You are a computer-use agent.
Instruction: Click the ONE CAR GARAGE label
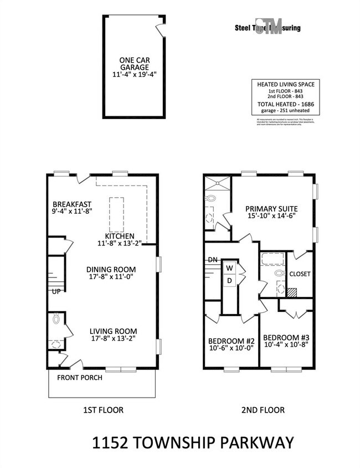[x=135, y=64]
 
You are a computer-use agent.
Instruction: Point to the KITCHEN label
[x=116, y=235]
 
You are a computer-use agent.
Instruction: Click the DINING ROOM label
[x=111, y=270]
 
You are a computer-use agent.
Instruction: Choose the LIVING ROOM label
[x=114, y=332]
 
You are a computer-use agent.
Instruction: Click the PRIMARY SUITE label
[x=271, y=209]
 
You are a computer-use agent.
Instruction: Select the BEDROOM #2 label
[x=231, y=341]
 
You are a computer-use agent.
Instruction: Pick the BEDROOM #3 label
[x=285, y=337]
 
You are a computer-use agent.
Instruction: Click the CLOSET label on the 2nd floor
[x=300, y=274]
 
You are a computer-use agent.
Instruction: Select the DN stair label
[x=212, y=259]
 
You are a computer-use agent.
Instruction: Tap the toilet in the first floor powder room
[x=55, y=320]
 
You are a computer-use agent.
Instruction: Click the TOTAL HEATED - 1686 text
[x=283, y=104]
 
